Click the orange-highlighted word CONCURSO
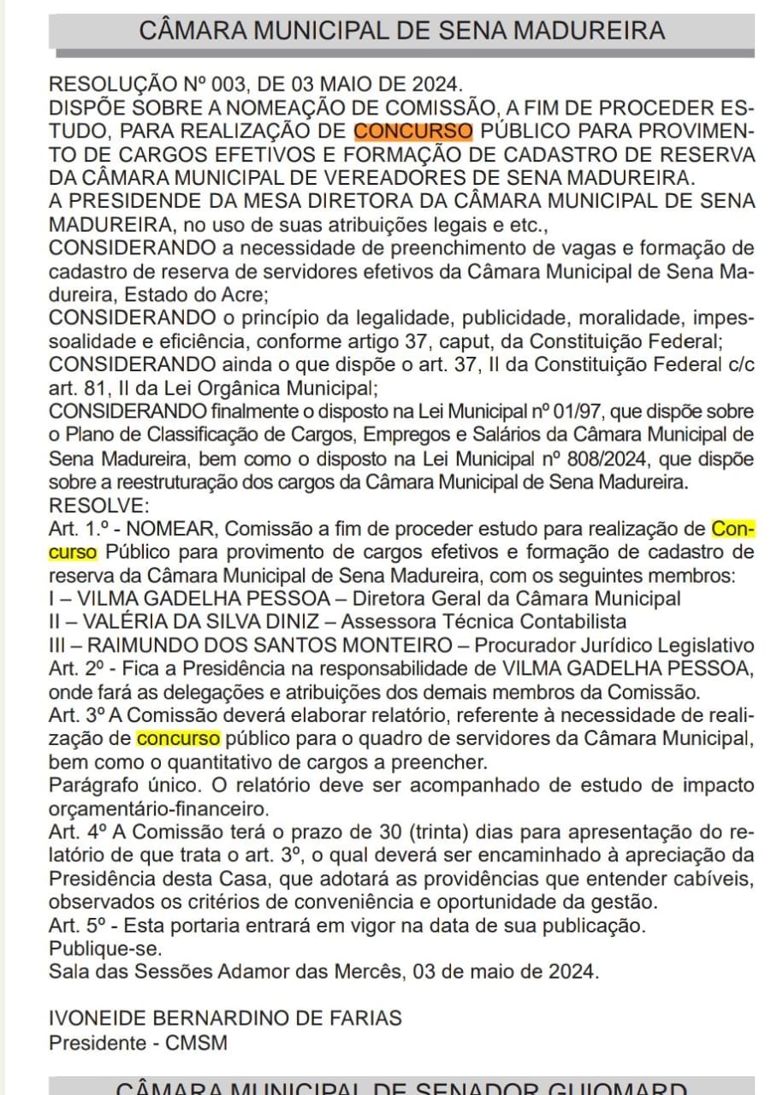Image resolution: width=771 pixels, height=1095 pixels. pyautogui.click(x=413, y=132)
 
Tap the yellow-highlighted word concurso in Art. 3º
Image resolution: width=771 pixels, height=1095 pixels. pyautogui.click(x=178, y=738)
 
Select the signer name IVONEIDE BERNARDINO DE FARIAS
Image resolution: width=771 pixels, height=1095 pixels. pyautogui.click(x=225, y=1019)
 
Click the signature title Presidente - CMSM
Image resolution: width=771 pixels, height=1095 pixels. pyautogui.click(x=137, y=1043)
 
